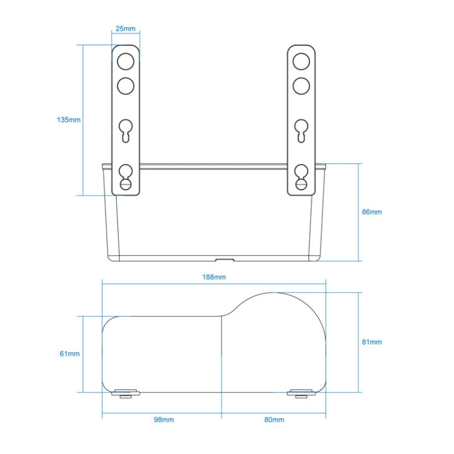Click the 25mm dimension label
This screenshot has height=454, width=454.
point(127,29)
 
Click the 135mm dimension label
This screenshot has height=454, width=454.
point(68,120)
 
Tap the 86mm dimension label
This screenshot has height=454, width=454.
point(372,212)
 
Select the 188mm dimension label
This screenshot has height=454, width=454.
point(215,277)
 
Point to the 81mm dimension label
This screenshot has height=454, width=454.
point(372,342)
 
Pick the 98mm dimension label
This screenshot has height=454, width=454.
point(163,419)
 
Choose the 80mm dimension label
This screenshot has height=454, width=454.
point(274,419)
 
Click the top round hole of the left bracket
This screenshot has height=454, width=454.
point(125,62)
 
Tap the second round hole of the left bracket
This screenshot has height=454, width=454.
point(125,85)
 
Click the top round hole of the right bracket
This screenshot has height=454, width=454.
point(301,62)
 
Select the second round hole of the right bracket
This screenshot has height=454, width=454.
point(301,85)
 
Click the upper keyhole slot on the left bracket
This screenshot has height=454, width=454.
point(125,130)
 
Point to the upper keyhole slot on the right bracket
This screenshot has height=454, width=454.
point(301,130)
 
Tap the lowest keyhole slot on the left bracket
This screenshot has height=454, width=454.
point(125,177)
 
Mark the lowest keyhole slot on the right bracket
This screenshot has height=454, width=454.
point(301,177)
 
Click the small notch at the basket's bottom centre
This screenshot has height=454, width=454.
point(227,260)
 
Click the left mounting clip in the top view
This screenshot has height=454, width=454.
point(126,394)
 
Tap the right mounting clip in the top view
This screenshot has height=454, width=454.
point(301,394)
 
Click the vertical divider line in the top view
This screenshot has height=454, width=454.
point(222,354)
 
